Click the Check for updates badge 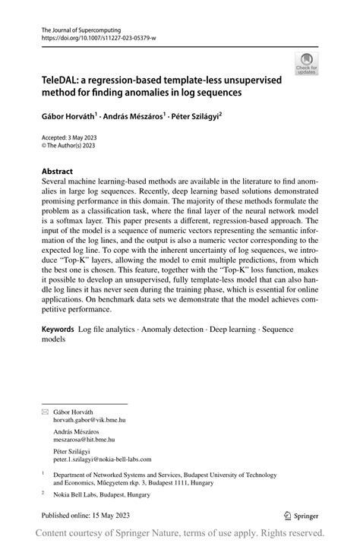[306, 63]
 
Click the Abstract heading [58, 172]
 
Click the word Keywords [58, 331]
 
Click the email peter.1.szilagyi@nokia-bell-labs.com [103, 459]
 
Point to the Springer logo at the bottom [301, 515]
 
